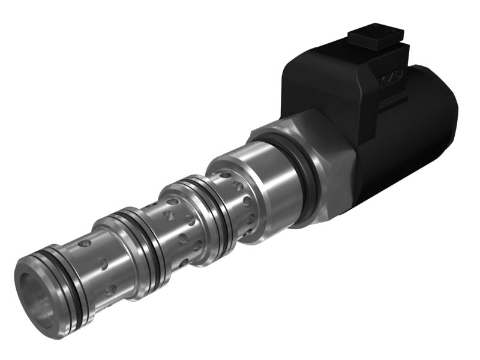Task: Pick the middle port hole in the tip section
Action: pyautogui.click(x=103, y=263)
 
